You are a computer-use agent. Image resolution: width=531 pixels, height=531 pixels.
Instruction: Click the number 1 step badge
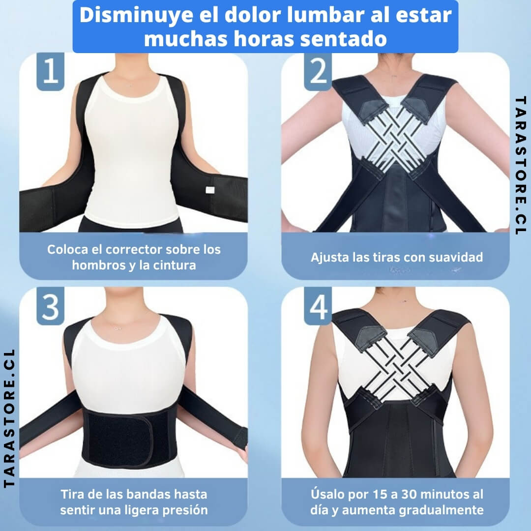(51, 71)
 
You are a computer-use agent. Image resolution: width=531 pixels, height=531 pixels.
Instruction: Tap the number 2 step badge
(318, 71)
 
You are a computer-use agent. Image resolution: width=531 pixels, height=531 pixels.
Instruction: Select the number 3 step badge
(51, 306)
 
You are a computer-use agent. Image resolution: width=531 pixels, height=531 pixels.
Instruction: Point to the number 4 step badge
(318, 306)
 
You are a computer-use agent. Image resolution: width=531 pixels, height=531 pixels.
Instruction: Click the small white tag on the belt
(210, 190)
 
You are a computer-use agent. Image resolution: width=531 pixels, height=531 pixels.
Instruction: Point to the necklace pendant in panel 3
(117, 328)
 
